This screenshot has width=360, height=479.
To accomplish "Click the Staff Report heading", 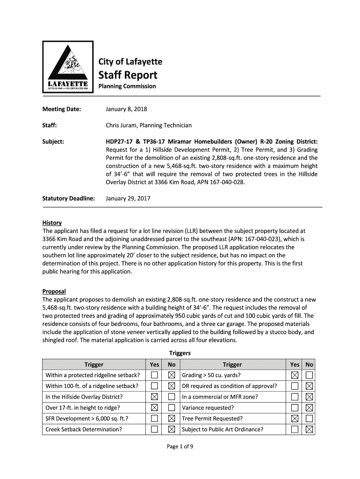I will (128, 75).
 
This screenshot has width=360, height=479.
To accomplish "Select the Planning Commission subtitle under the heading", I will (127, 87).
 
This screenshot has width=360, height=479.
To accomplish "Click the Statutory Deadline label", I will (69, 198).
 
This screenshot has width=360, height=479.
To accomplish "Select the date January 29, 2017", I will (128, 198).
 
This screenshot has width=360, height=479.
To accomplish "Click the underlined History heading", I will (52, 223).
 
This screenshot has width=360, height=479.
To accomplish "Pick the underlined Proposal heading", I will (54, 291).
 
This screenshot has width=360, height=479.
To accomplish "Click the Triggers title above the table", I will (180, 353).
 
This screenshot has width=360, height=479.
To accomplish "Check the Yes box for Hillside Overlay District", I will (154, 397).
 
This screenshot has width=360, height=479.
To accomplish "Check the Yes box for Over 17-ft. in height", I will (154, 408).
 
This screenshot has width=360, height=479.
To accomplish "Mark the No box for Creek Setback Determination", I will (172, 429).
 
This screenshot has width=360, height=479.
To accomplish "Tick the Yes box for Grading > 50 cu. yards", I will (295, 375).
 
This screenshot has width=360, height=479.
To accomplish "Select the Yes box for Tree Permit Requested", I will (295, 419).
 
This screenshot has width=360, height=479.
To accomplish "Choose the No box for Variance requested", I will (309, 408).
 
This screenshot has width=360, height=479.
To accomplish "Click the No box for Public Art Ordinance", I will (309, 429).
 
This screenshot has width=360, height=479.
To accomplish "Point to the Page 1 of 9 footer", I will (180, 446).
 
